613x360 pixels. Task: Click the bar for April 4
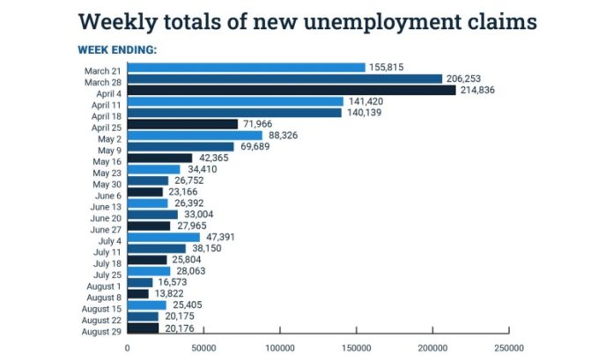[292, 90]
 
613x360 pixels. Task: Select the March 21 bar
[246, 67]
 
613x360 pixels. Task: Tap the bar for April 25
[182, 124]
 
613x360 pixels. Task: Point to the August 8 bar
[138, 293]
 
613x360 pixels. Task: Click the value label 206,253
[464, 78]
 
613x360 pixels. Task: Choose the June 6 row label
[107, 192]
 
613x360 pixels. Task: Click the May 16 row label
[107, 158]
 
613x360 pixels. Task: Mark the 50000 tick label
[203, 348]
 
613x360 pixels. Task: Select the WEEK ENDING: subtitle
[116, 49]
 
